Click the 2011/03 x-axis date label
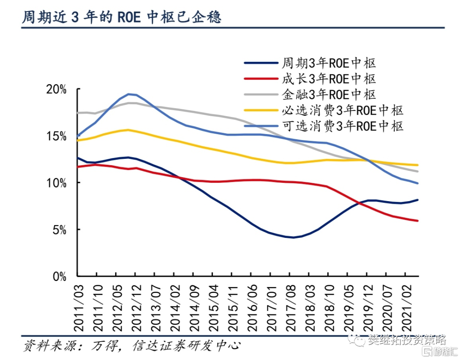79,305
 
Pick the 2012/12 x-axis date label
135,305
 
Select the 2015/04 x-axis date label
212,305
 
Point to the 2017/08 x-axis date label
288,305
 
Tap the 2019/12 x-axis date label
365,305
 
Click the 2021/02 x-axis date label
403,305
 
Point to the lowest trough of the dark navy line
293,237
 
